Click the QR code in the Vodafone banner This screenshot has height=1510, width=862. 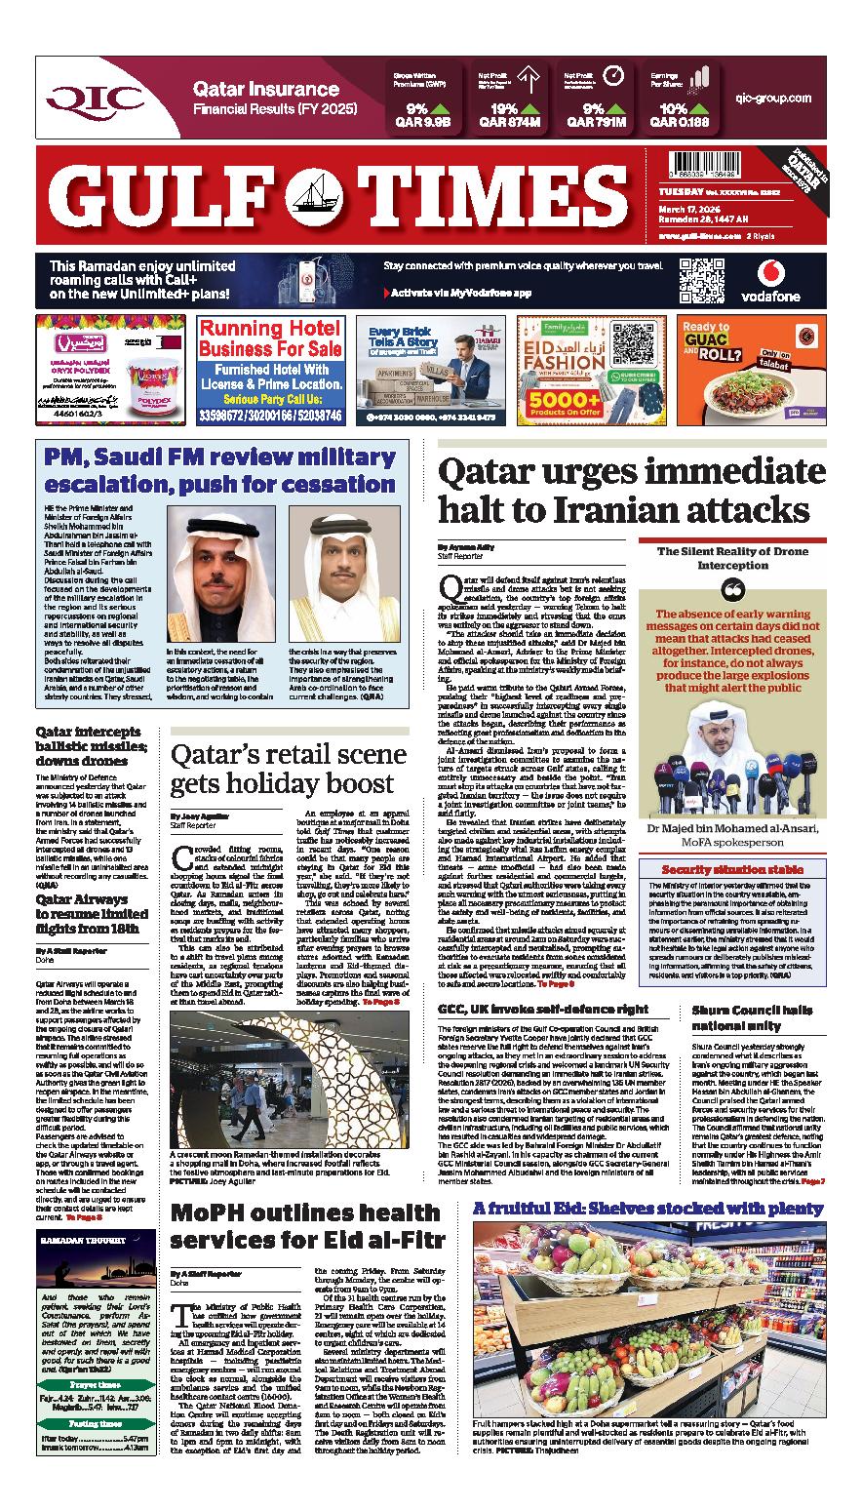point(702,280)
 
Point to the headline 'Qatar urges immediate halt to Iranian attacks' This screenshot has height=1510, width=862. point(624,491)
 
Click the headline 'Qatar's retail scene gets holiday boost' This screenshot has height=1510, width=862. point(289,769)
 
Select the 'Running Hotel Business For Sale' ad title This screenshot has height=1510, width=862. point(268,341)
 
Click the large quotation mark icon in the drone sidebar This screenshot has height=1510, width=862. point(732,589)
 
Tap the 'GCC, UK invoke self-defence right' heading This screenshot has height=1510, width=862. point(543,1007)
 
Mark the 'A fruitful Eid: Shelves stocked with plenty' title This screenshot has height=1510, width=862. point(648,1209)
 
